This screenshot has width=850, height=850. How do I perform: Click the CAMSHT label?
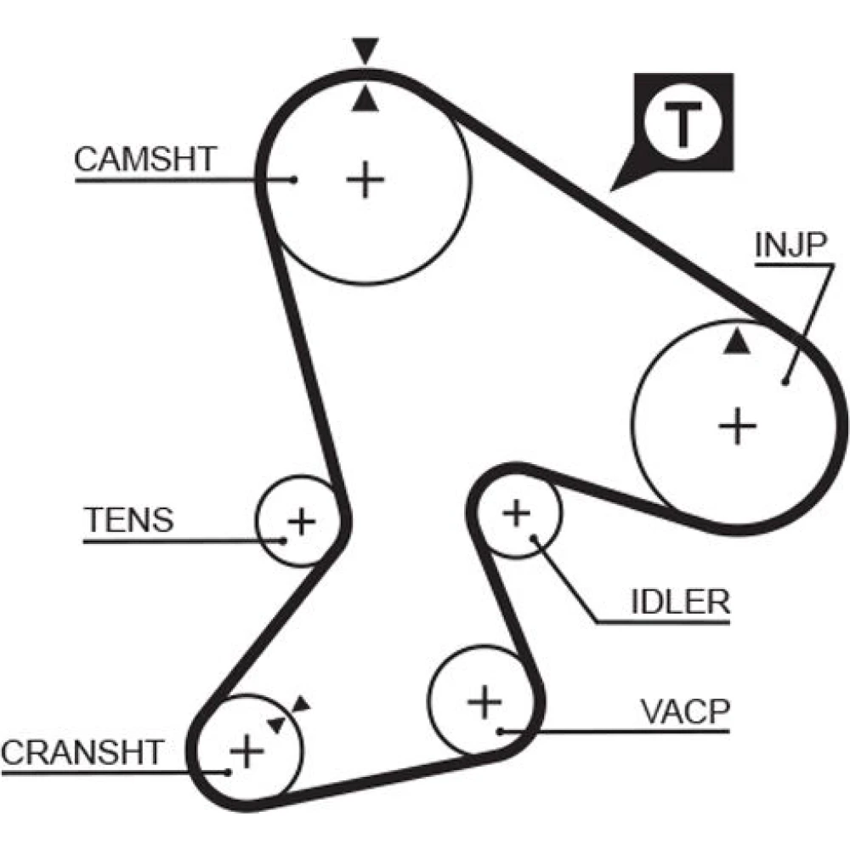[x=145, y=159]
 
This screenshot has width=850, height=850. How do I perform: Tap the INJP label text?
[x=791, y=245]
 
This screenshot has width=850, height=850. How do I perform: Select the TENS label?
[x=129, y=519]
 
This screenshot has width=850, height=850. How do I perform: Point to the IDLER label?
[x=680, y=602]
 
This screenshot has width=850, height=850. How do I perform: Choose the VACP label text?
[x=685, y=711]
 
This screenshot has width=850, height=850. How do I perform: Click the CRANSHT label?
[x=82, y=752]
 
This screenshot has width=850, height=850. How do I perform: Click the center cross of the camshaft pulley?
[x=365, y=179]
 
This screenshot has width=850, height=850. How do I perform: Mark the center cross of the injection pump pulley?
[x=737, y=426]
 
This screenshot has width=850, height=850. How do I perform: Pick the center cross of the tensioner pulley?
[x=302, y=522]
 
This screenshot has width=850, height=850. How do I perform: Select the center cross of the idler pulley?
[x=517, y=513]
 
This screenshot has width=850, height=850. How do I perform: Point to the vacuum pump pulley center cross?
[x=484, y=702]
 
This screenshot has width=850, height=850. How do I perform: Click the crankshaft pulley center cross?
[x=246, y=751]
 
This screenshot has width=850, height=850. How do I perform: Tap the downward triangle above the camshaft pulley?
[x=365, y=50]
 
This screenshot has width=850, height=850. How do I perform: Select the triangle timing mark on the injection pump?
[x=737, y=342]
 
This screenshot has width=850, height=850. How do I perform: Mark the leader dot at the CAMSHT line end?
[x=294, y=179]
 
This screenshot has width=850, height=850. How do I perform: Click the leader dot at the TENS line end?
[x=283, y=541]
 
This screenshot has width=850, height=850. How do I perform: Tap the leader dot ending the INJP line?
[x=785, y=382]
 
